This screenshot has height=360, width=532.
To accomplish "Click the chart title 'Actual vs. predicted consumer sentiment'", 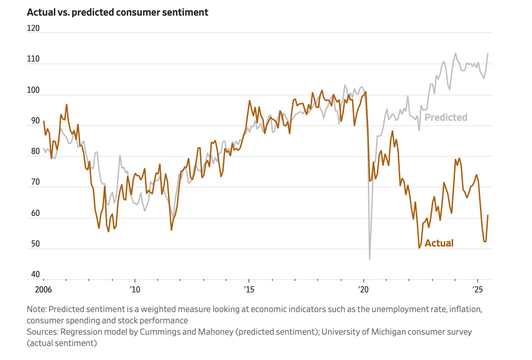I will (x=117, y=12).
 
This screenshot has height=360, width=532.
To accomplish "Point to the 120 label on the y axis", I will (x=33, y=28).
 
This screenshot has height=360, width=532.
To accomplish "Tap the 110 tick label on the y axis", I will (x=33, y=59).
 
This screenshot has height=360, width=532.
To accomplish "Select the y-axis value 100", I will (x=33, y=90).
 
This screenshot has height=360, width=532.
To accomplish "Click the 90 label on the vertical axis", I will (x=35, y=121).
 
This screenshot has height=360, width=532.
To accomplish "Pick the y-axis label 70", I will (x=35, y=182).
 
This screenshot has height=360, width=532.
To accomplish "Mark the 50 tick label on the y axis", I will (x=35, y=244).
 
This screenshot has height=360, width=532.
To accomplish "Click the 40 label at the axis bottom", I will (x=35, y=274).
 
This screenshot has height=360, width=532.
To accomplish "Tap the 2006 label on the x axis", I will (x=43, y=289).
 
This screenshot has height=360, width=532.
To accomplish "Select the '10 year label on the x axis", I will (x=135, y=289).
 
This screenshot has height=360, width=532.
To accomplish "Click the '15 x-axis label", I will (x=249, y=289).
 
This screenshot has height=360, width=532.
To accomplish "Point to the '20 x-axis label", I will (x=363, y=289).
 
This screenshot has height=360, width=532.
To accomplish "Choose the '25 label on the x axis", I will (x=477, y=289).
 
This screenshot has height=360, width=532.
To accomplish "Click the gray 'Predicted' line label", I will (x=446, y=117).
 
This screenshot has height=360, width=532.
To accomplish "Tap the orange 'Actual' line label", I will (x=439, y=243).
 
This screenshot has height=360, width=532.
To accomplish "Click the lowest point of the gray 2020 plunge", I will (x=370, y=259).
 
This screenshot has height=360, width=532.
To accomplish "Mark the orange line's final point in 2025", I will (x=488, y=215).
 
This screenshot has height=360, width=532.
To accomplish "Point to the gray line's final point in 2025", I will (x=488, y=54).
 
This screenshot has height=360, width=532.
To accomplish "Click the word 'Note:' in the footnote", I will (x=37, y=309).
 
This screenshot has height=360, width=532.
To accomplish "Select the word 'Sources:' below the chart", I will (x=42, y=332).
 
